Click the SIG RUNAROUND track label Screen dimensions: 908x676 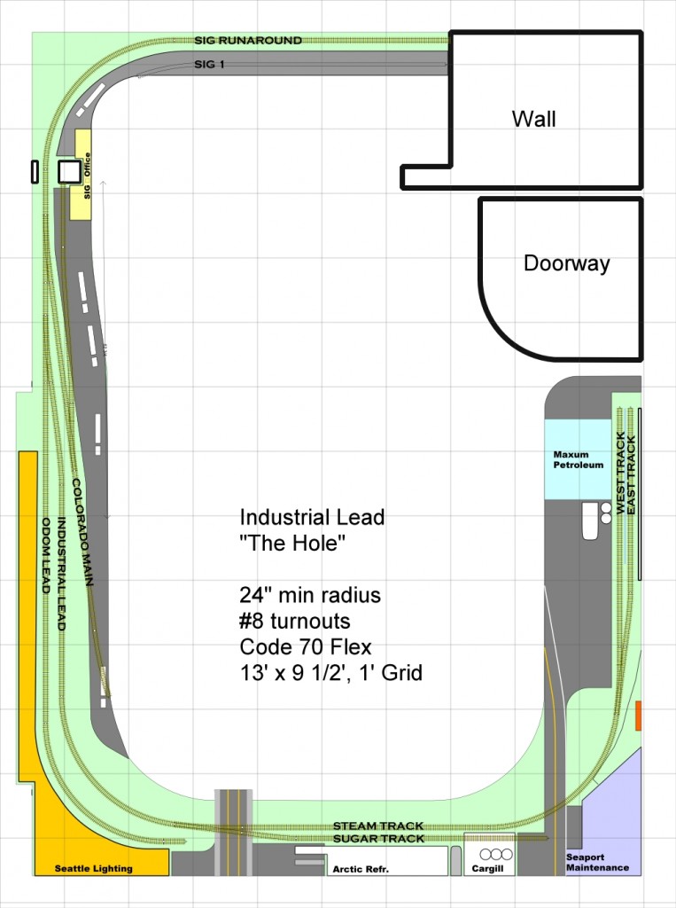point(248,40)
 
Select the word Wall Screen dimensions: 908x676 point(534,119)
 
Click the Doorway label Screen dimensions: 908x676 point(566,263)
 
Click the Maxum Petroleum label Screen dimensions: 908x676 point(579,459)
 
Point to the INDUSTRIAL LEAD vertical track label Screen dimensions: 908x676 point(61,574)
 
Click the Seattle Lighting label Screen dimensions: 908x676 point(94,868)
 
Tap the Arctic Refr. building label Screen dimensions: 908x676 point(385,869)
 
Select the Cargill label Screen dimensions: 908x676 point(489,869)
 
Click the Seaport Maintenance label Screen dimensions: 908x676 point(598,862)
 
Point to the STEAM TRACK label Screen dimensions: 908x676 point(377,826)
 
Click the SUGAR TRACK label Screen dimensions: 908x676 point(377,838)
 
